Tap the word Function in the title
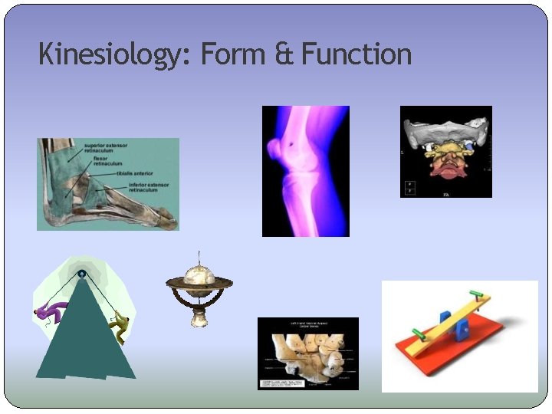coord(356,55)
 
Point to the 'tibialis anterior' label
coord(136,174)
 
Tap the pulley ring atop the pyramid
coord(81,274)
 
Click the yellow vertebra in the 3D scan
coord(446,149)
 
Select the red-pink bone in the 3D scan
coord(445,167)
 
